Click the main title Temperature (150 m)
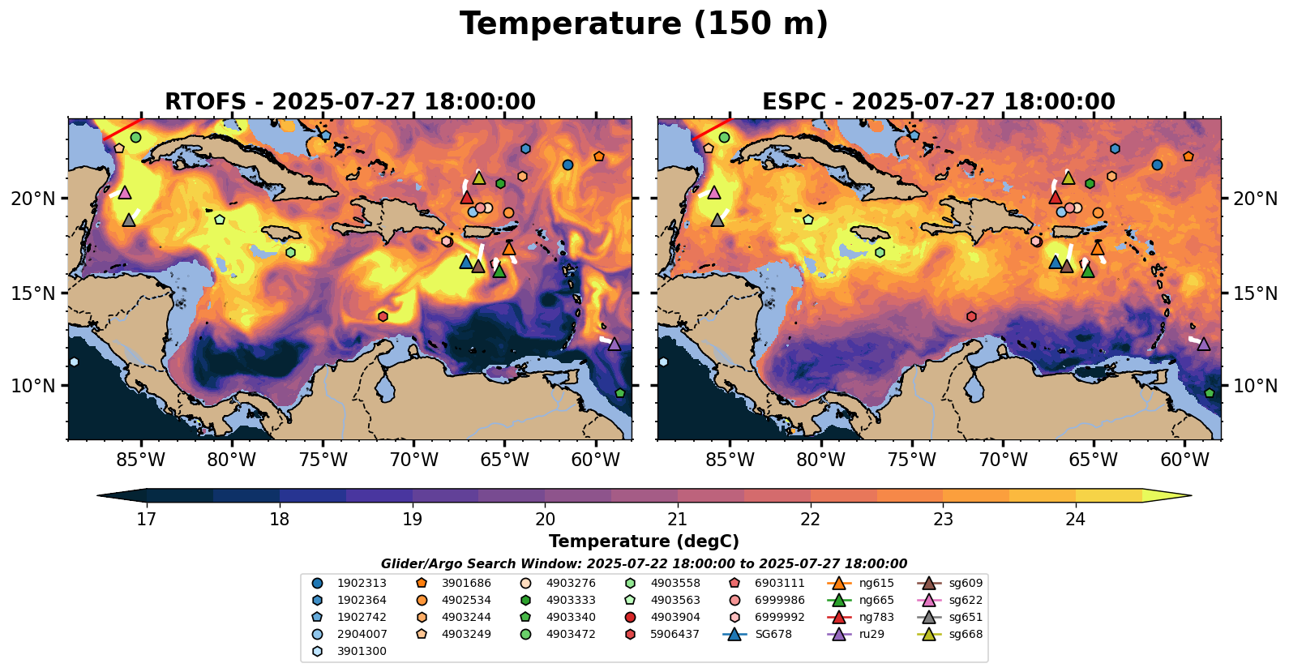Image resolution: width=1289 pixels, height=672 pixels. [644, 24]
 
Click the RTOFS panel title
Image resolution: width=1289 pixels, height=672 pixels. [349, 102]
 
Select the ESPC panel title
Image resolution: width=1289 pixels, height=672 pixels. [938, 102]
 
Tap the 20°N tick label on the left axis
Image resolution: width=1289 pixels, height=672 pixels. [33, 199]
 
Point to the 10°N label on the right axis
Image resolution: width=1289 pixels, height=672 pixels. [1255, 386]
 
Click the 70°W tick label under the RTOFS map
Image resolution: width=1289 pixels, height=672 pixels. [413, 460]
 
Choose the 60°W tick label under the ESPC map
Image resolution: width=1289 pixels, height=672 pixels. [1184, 460]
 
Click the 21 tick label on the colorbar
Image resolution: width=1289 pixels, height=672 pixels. [677, 520]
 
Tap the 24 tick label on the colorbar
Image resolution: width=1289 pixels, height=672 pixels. [1075, 520]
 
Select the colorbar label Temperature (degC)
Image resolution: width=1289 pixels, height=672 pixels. [644, 541]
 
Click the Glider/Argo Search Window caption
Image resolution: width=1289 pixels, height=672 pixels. [644, 564]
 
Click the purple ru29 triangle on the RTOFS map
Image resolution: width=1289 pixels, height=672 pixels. [615, 345]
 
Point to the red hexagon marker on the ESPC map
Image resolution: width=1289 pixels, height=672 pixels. [971, 316]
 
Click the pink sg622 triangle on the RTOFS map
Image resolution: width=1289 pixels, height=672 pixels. [125, 193]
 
